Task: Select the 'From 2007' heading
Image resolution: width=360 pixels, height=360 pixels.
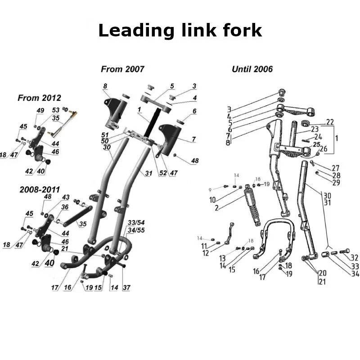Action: tap(122, 69)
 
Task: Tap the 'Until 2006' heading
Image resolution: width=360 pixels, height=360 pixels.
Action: tap(252, 69)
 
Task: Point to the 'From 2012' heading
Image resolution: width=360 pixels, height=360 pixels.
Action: tap(39, 98)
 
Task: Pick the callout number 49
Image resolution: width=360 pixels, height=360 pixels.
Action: tap(40, 111)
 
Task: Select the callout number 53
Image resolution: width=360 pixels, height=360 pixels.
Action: tap(56, 110)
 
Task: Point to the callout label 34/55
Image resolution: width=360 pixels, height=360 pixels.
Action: tap(136, 230)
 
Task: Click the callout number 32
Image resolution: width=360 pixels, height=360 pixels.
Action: tap(354, 258)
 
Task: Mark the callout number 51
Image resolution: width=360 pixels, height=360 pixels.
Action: tap(105, 135)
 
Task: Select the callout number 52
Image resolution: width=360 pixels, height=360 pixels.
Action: tap(162, 173)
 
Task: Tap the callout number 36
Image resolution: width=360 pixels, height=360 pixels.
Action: tap(65, 207)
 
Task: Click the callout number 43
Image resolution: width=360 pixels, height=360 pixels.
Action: tap(66, 198)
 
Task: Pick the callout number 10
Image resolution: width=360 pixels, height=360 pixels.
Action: tap(212, 200)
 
